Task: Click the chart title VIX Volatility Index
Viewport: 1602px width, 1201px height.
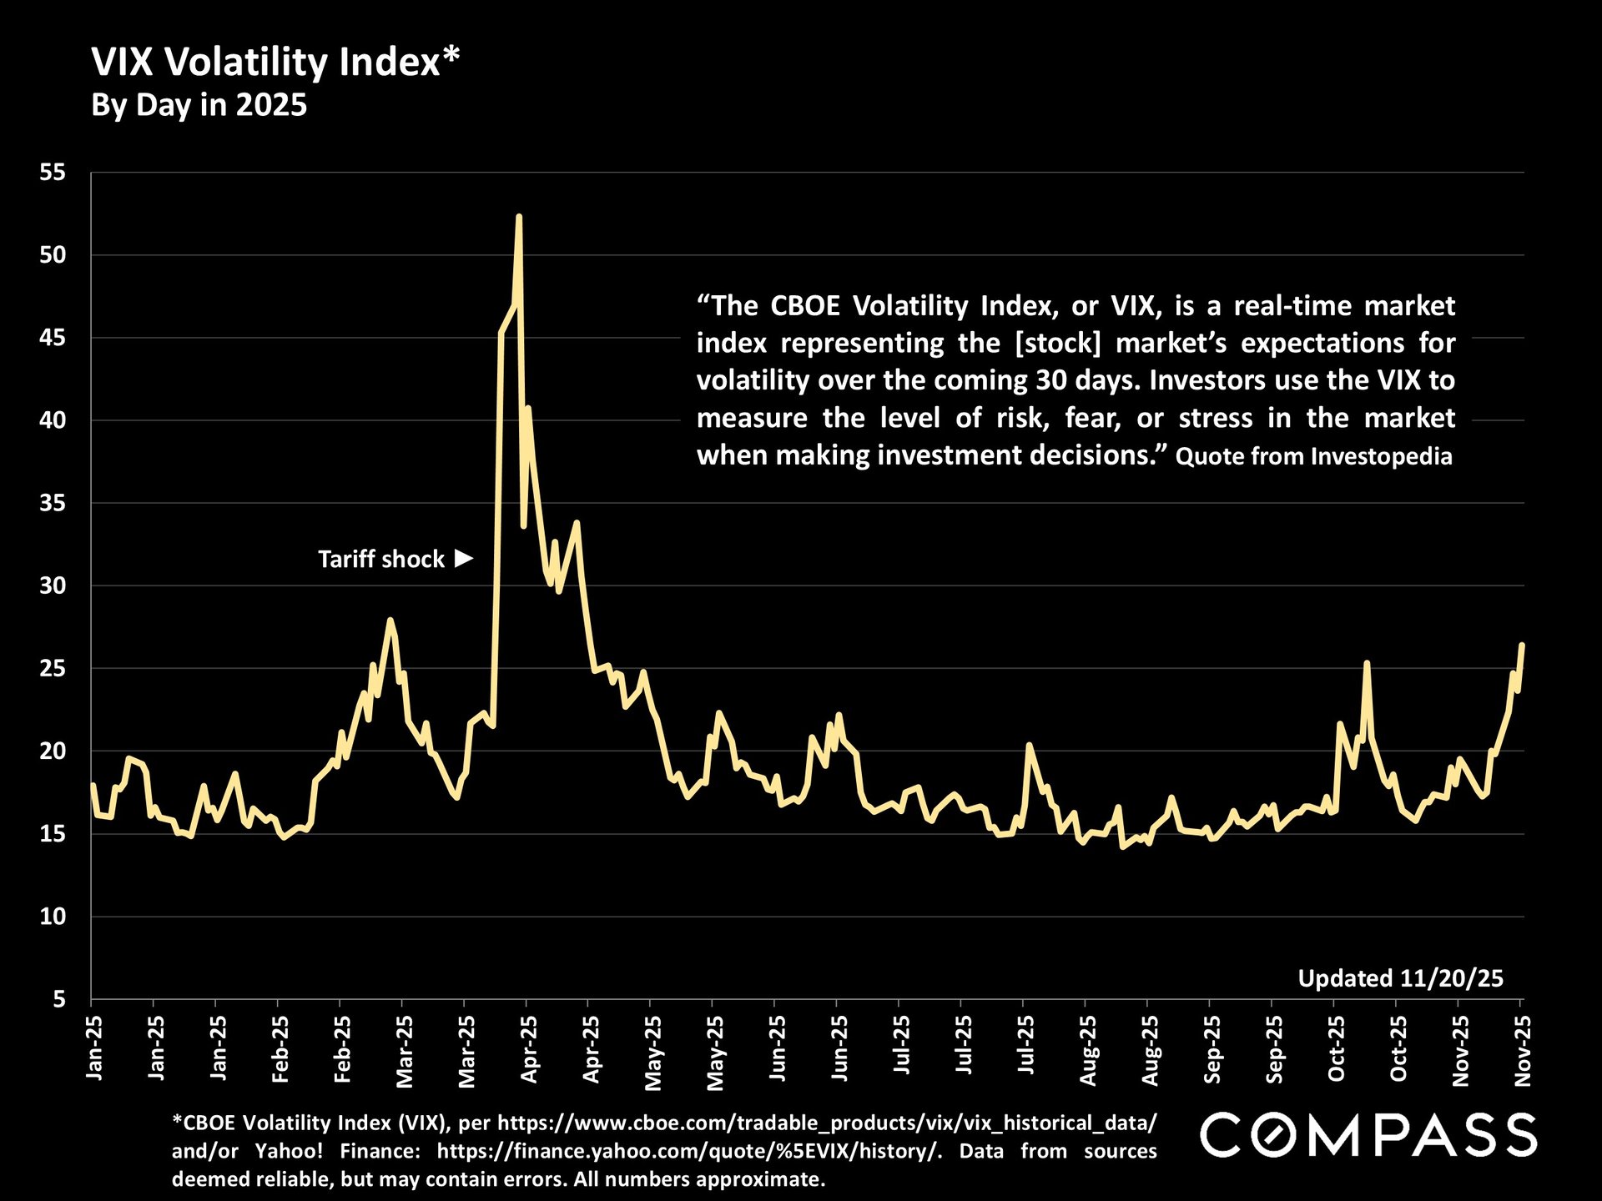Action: point(275,63)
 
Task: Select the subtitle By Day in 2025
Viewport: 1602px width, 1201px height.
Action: point(199,106)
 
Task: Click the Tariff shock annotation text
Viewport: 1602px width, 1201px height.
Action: point(381,559)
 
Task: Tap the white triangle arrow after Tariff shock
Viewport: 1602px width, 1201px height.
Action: point(464,558)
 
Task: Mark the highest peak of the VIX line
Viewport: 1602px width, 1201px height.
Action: point(519,217)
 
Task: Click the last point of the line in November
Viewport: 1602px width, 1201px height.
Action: point(1523,645)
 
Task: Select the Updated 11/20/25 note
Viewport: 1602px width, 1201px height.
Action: point(1400,978)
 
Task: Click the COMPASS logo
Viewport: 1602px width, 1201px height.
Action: point(1368,1135)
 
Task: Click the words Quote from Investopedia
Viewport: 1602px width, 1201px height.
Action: point(1314,456)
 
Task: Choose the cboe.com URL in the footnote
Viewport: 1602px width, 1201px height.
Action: point(826,1123)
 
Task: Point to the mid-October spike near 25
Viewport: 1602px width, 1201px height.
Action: point(1367,663)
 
